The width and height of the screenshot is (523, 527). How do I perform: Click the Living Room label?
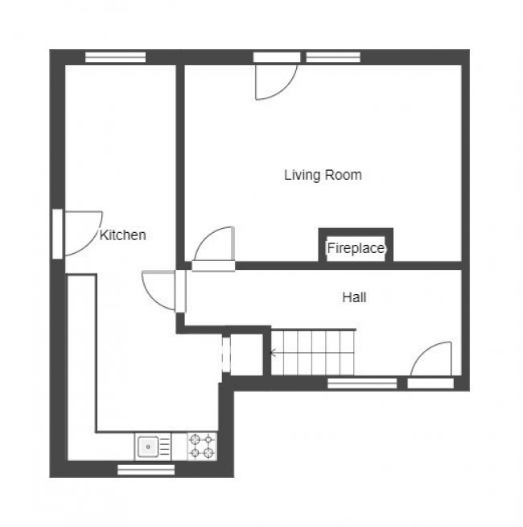click(x=323, y=175)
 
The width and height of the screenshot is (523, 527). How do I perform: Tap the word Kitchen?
click(x=122, y=235)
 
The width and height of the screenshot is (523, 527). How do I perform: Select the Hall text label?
click(x=354, y=297)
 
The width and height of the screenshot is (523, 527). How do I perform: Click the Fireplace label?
click(x=355, y=248)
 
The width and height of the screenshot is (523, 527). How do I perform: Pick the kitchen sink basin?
click(x=148, y=446)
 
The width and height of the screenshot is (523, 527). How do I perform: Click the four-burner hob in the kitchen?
click(x=202, y=446)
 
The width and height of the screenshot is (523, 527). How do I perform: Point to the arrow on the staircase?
click(x=274, y=352)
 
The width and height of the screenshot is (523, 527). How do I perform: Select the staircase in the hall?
click(x=312, y=352)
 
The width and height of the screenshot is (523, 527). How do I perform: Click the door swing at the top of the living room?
click(x=274, y=81)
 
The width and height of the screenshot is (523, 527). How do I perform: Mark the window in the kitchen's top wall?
click(x=115, y=57)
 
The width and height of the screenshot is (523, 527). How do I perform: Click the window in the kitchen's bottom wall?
click(x=146, y=470)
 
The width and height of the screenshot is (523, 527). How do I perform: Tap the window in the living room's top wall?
click(x=333, y=57)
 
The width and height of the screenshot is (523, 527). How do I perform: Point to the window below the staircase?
click(x=362, y=384)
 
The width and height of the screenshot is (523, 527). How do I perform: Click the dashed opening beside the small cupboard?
click(x=226, y=352)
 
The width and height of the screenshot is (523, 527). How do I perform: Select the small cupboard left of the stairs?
click(x=246, y=352)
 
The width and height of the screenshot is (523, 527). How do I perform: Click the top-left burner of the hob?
click(x=196, y=439)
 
